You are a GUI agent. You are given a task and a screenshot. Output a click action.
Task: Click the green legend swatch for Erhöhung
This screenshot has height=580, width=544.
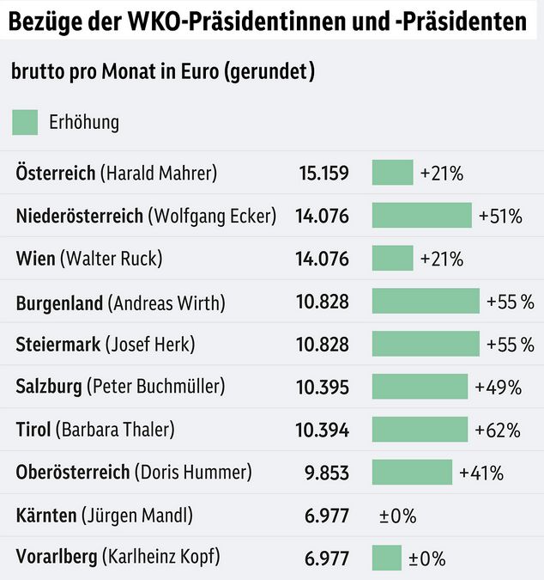coord(26,122)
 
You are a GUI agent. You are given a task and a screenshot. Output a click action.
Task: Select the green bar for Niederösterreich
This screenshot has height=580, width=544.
coord(421,215)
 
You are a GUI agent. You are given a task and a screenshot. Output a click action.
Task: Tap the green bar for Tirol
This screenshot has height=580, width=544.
coord(420,429)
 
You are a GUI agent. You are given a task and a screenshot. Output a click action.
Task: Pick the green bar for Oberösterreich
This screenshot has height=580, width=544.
coord(412,472)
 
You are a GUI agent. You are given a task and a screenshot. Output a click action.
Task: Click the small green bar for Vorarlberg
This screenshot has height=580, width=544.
coord(386,558)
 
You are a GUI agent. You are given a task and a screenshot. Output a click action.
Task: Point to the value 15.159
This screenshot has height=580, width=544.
coord(323,173)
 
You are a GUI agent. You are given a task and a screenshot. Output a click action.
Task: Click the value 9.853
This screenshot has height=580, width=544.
coord(327,472)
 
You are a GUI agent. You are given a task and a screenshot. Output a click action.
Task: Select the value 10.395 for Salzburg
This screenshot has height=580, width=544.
coord(323,387)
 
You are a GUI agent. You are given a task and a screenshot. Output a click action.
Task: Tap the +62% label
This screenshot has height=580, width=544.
coord(498,430)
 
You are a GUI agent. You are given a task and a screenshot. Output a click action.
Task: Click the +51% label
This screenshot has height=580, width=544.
coord(500,216)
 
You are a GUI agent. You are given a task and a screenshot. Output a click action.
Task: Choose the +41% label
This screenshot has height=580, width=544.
coord(481,473)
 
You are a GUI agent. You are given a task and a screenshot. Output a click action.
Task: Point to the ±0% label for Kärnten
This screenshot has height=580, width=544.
coord(397,516)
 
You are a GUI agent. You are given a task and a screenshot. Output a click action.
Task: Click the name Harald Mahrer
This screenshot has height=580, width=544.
coord(159,173)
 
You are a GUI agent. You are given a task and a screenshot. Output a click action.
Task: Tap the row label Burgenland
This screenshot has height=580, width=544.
coord(59,302)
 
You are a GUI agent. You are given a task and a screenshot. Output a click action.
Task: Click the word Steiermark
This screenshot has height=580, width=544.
coord(57,344)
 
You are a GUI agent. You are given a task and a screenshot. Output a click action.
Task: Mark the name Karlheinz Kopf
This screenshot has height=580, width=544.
coord(160,557)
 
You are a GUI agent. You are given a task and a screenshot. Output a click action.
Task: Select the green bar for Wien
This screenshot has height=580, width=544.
coord(392,258)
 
